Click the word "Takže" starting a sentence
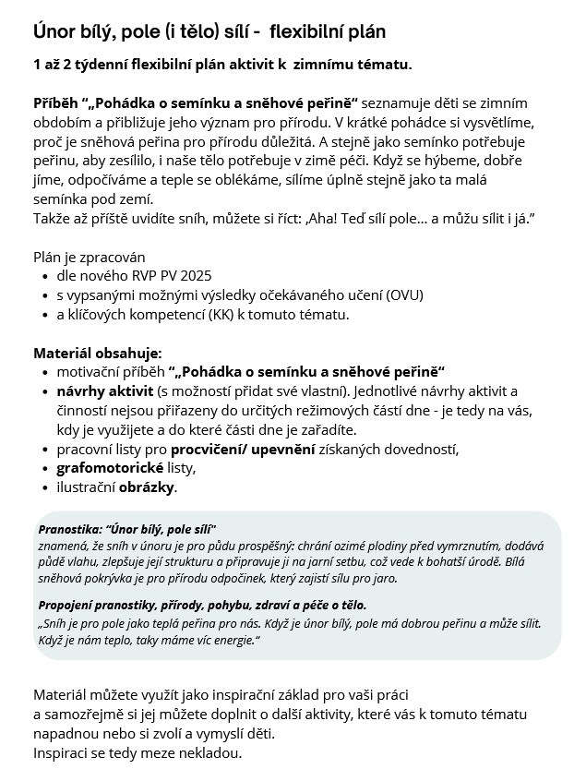point(52,218)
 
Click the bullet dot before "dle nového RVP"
point(46,276)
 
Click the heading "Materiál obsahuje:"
point(97,353)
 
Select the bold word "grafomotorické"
point(109,468)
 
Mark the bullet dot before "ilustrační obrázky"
point(46,488)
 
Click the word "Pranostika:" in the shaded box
point(71,530)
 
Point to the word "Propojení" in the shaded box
point(68,606)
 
